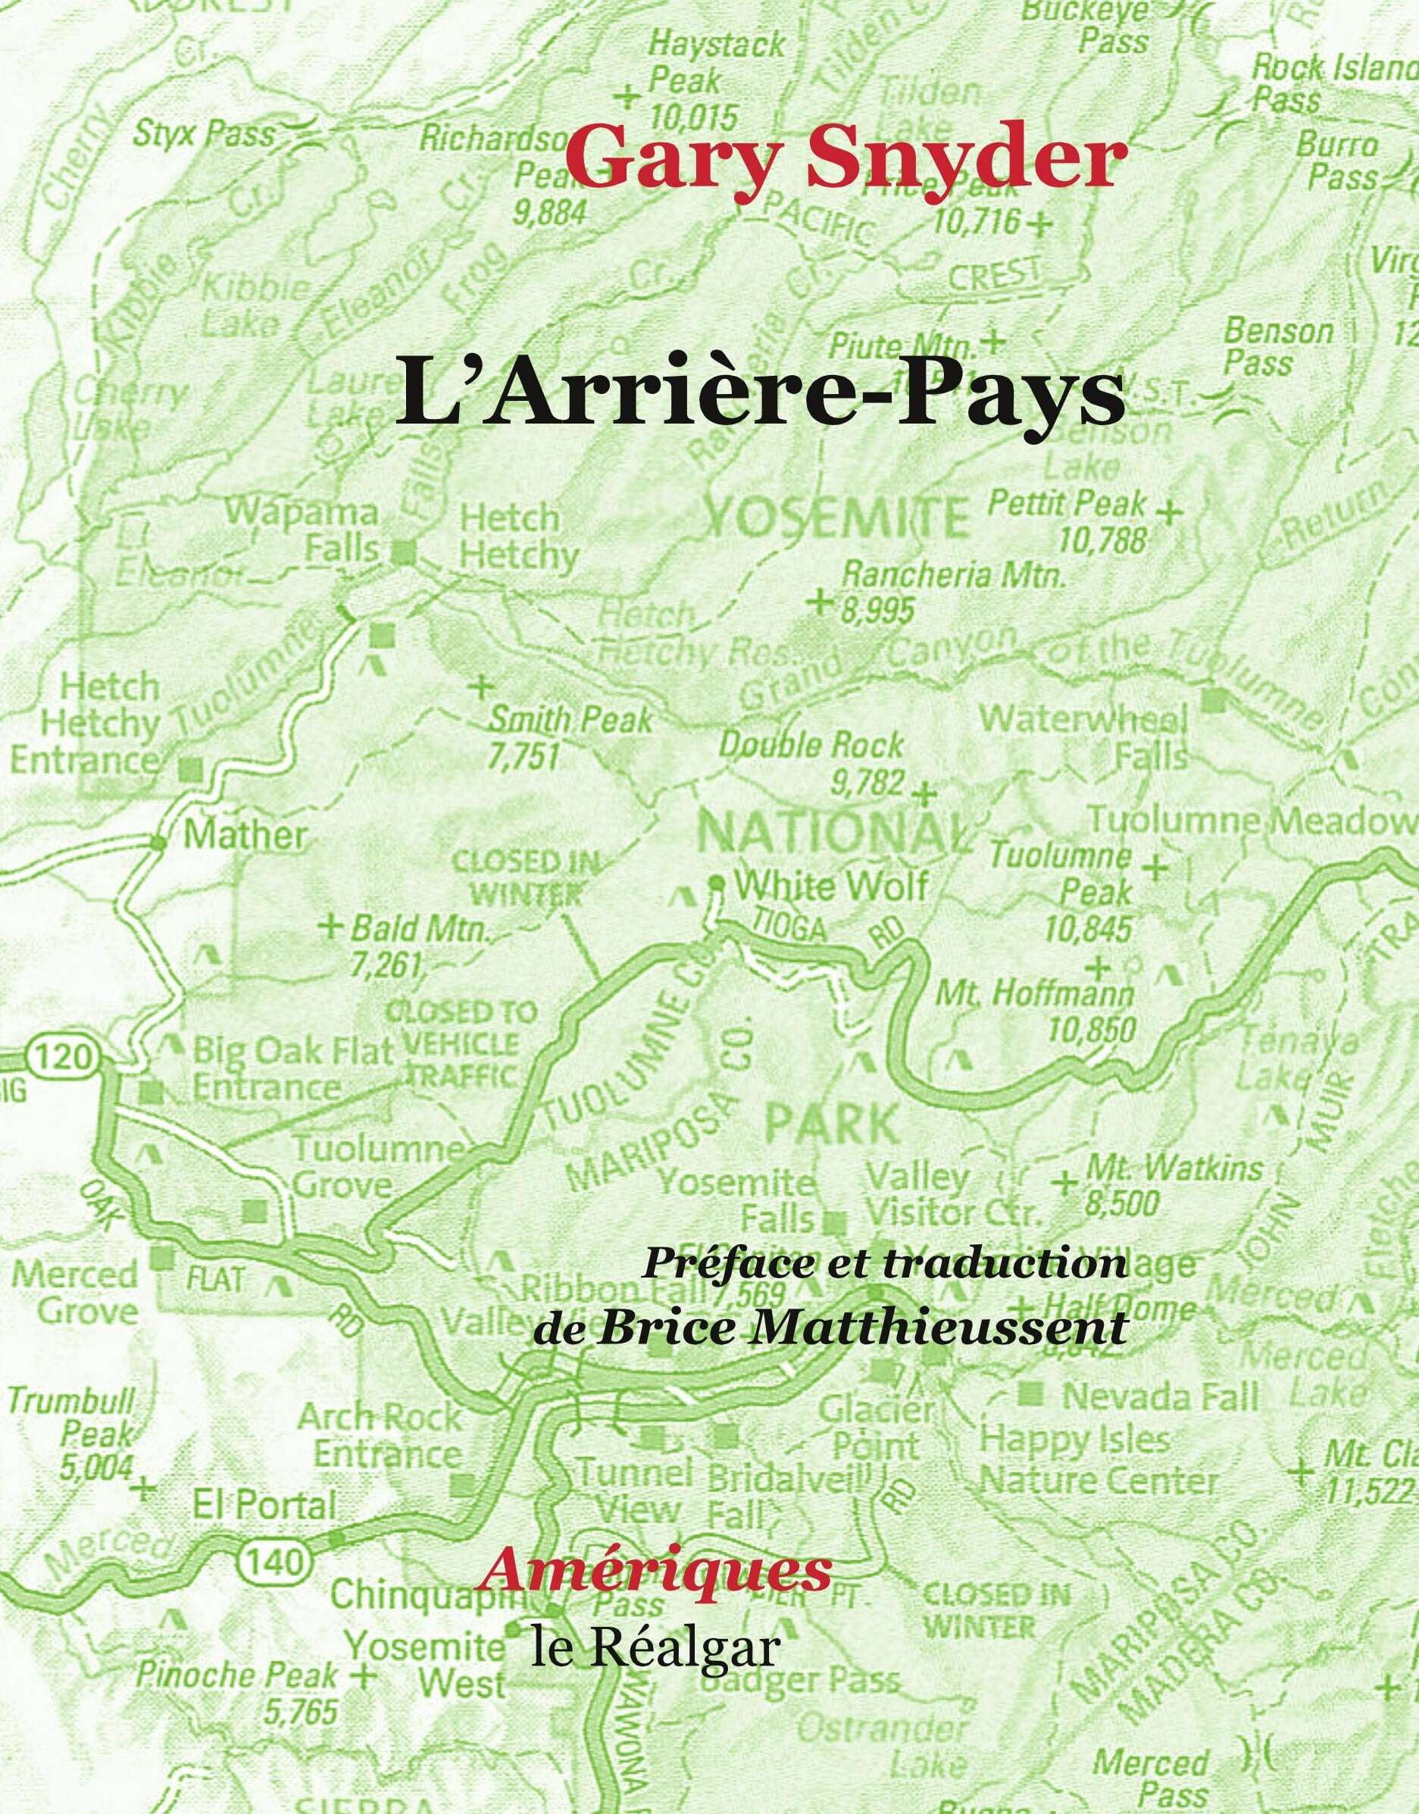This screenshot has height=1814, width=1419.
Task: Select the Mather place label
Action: pos(244,835)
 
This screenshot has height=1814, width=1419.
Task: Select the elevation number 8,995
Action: pos(877,611)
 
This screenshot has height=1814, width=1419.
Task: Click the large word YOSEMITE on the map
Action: pos(836,518)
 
